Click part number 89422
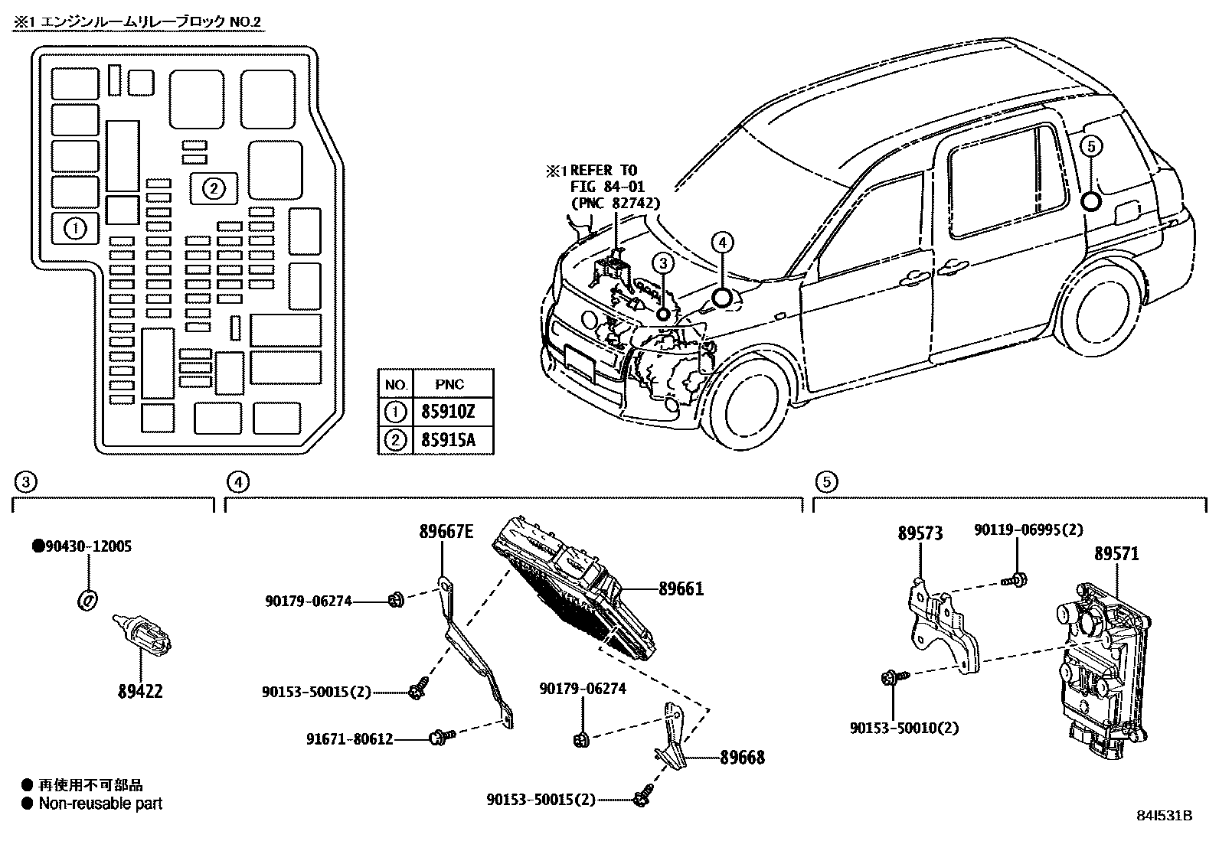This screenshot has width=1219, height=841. coord(140,691)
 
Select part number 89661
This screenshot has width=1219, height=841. coord(681,588)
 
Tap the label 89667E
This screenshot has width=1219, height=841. coord(446,532)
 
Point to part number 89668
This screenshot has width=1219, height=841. coord(742,758)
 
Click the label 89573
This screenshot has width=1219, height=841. coord(920,533)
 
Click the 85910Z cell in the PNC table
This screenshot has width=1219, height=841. coord(448,413)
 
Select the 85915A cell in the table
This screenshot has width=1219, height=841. coord(448,441)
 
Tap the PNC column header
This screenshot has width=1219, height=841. coord(449,384)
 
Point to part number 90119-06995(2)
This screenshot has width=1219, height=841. coord(1028,530)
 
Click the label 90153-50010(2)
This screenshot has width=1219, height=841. coord(904,728)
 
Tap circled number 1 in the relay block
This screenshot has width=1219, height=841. coord(74,228)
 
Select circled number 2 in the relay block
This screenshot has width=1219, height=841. coord(214,187)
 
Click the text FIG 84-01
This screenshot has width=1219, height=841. coord(607,186)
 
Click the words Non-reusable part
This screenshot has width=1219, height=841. coord(100,804)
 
